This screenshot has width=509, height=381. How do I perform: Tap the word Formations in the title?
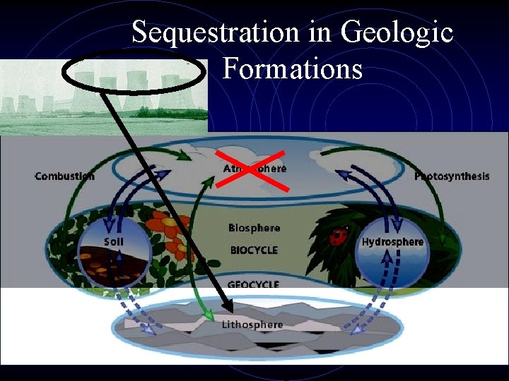coord(292,69)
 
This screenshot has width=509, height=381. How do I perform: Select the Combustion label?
coord(64,176)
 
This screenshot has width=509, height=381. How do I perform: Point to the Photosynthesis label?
coord(452,176)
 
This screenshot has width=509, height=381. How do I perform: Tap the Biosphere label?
coord(254,228)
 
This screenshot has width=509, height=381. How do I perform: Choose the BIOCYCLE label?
coord(254,250)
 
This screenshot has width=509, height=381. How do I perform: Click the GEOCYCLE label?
coord(254,285)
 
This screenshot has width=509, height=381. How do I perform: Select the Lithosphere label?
coord(252,325)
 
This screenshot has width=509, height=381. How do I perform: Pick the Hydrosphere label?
coord(392,242)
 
